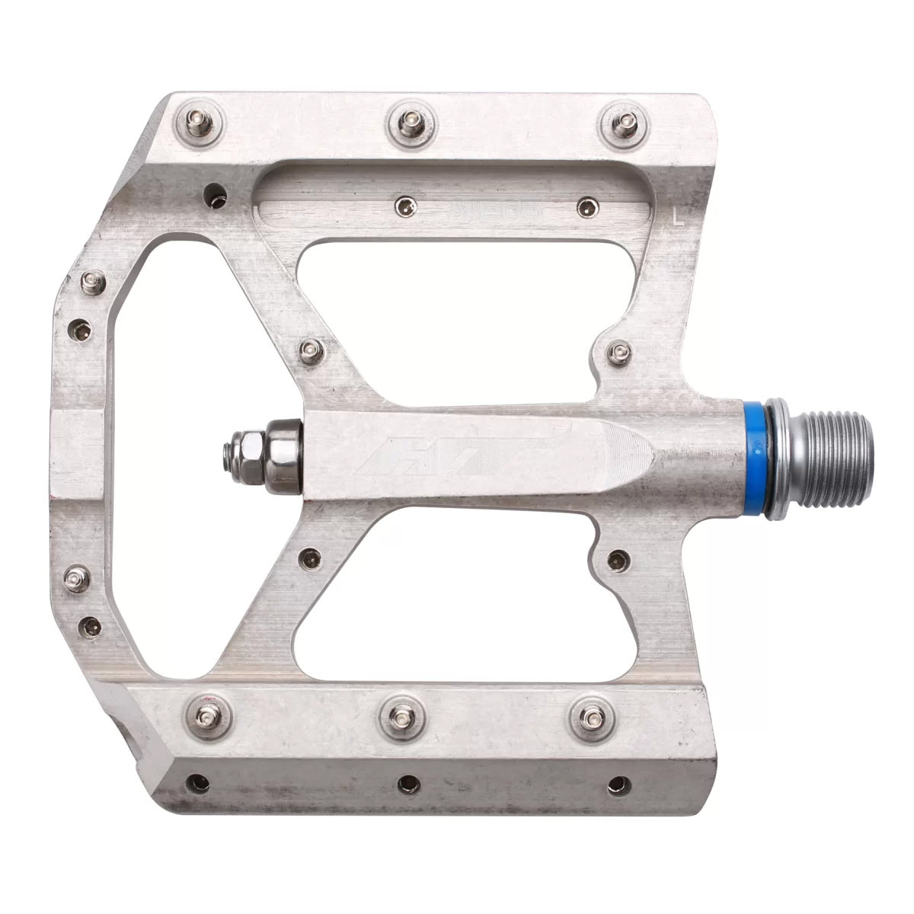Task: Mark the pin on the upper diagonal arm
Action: click(x=308, y=350)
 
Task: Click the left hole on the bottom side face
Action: click(x=200, y=781)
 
